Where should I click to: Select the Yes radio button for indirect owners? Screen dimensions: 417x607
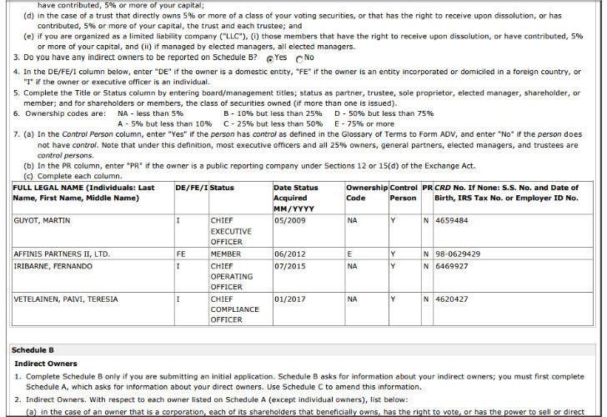pos(270,58)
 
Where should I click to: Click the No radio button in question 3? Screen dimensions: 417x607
pos(299,58)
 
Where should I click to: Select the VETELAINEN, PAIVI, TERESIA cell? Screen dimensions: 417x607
pos(65,299)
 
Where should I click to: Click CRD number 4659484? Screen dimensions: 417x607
pos(453,221)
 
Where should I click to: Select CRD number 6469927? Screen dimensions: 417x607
pos(453,265)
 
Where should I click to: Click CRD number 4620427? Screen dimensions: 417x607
pos(453,299)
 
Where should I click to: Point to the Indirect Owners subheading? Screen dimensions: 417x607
pos(46,364)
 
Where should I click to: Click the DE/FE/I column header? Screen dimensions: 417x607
pos(191,188)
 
